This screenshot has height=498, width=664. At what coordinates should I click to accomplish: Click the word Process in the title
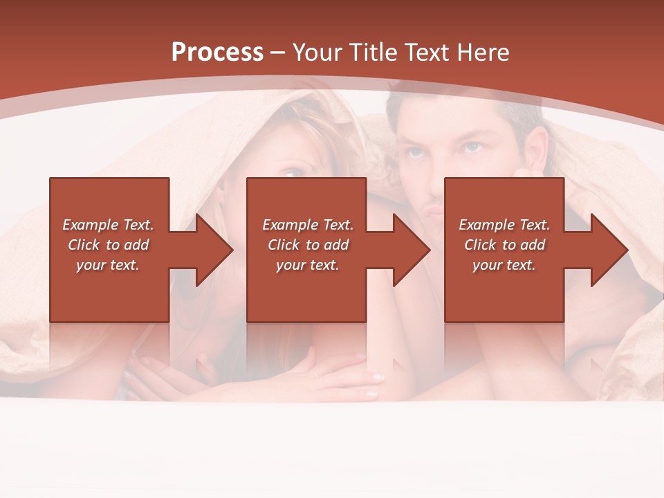pyautogui.click(x=217, y=52)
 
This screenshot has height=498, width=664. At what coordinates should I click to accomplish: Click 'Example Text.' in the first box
pyautogui.click(x=108, y=225)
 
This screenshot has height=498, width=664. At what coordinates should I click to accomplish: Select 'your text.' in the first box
pyautogui.click(x=108, y=265)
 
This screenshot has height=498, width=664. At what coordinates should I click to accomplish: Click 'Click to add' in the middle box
pyautogui.click(x=308, y=245)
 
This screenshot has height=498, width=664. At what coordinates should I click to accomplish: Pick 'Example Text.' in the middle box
pyautogui.click(x=308, y=225)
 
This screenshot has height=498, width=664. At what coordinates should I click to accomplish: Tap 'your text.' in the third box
pyautogui.click(x=504, y=265)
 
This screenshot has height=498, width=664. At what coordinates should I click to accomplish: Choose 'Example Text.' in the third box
pyautogui.click(x=504, y=225)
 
